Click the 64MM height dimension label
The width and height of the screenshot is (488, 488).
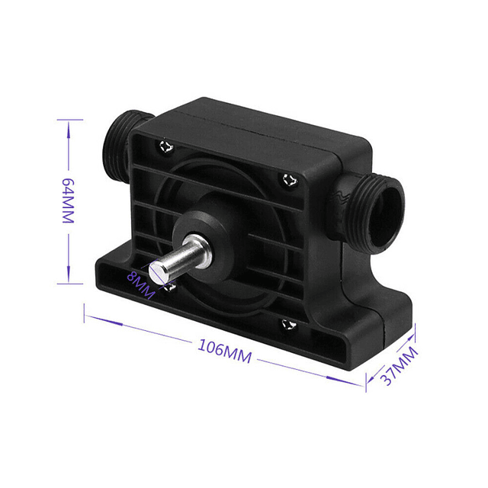[69, 201]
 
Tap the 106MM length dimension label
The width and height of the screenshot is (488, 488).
[225, 352]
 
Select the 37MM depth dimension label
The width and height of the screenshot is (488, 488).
[400, 366]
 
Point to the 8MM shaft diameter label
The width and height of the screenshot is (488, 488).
[141, 284]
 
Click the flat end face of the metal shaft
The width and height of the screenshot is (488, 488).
[156, 272]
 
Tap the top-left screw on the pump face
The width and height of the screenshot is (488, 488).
[166, 146]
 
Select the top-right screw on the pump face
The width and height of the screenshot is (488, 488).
[290, 180]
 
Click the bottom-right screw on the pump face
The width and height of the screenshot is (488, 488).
[289, 325]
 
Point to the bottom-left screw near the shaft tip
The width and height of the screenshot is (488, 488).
[171, 287]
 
